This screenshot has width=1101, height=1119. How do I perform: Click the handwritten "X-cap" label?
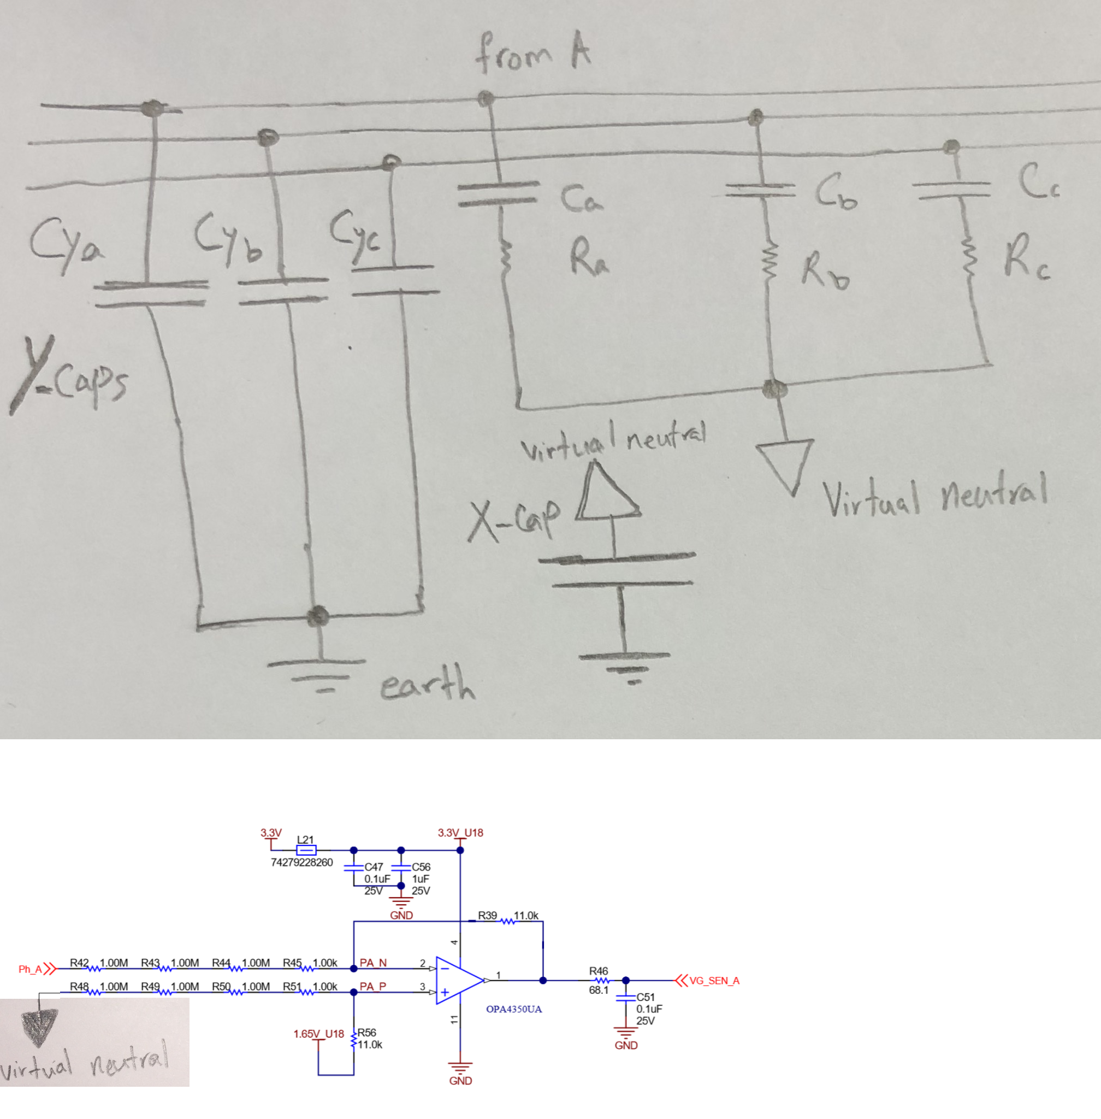(x=514, y=520)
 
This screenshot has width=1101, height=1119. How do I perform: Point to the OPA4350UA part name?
(x=513, y=1009)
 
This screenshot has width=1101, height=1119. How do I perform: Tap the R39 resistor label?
(x=488, y=915)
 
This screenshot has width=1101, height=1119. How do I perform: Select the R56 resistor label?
(x=366, y=1032)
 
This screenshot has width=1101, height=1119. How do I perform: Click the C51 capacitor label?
(x=646, y=997)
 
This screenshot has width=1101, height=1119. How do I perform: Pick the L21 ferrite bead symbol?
(x=306, y=850)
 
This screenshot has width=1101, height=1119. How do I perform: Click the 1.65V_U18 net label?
(x=318, y=1033)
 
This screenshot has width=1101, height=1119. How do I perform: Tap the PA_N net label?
(x=373, y=963)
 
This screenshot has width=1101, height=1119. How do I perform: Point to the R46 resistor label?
(x=599, y=970)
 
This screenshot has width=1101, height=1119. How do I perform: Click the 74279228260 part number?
(x=302, y=862)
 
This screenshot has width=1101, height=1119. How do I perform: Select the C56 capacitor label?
(x=421, y=867)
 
